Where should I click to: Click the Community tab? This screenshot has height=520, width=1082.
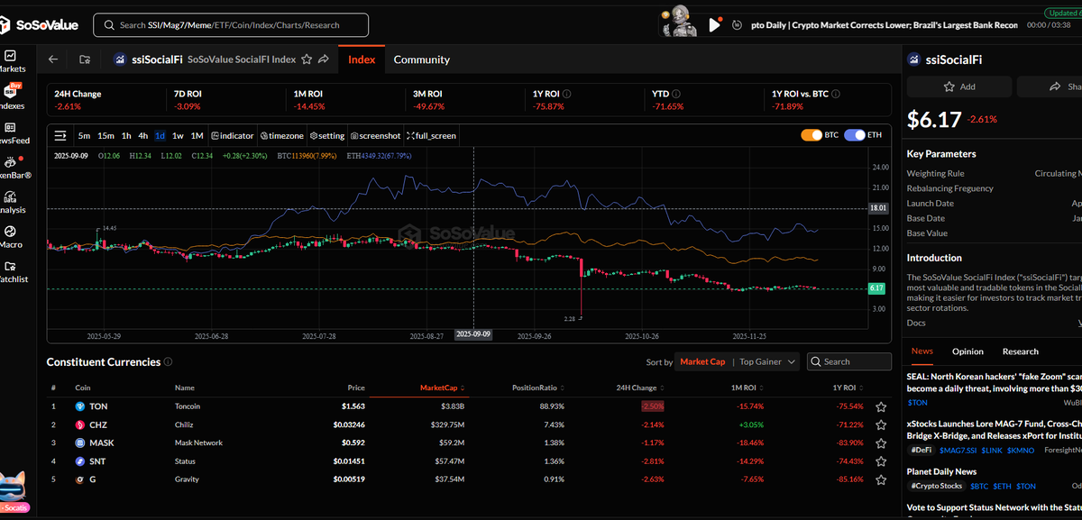(421, 59)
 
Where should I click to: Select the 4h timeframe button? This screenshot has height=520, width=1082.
(142, 136)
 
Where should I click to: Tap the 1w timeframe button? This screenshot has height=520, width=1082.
(178, 136)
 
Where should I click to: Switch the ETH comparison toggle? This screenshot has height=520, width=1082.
(864, 136)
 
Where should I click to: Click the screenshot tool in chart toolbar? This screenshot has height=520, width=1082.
(375, 136)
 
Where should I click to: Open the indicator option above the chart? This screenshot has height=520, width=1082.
(233, 136)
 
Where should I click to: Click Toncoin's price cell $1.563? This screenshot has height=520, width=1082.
(353, 406)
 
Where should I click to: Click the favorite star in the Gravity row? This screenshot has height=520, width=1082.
(881, 479)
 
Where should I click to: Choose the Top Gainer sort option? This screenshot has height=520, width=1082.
(763, 361)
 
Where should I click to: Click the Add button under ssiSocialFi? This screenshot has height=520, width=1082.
(959, 87)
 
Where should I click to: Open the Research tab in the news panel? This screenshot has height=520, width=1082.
(1020, 351)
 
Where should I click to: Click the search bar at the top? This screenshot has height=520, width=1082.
(231, 25)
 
